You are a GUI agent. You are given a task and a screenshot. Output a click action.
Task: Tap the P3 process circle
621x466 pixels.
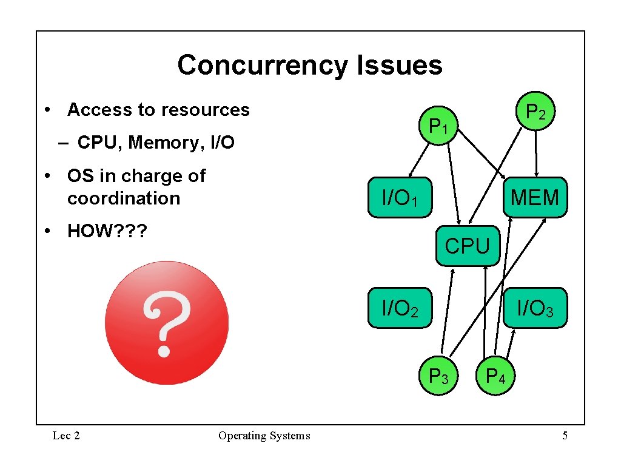click(438, 377)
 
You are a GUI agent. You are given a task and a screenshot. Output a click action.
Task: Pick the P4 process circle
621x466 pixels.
click(495, 377)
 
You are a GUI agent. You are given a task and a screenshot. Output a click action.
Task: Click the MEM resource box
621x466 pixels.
click(535, 197)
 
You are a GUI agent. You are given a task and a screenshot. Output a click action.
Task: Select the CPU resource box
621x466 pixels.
click(467, 246)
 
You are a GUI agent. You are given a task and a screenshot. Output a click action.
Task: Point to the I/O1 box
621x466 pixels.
click(400, 197)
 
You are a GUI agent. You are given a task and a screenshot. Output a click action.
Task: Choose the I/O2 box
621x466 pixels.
click(400, 308)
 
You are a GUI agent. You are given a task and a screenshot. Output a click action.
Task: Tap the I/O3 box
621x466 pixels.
click(535, 308)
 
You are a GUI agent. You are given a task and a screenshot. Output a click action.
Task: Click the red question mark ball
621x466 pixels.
click(166, 323)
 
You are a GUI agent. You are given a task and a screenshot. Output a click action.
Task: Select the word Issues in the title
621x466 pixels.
click(400, 65)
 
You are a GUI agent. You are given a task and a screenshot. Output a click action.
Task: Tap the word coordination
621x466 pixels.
click(124, 198)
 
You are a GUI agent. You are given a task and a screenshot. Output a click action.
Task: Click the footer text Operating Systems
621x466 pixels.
click(264, 435)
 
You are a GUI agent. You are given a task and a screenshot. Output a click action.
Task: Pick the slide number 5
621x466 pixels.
click(565, 435)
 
